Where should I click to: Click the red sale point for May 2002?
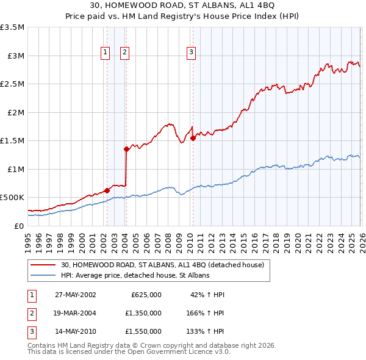(x=107, y=190)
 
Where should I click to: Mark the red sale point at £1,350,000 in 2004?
(x=126, y=149)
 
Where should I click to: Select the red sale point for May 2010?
(x=193, y=138)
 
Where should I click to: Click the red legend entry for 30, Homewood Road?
(x=162, y=265)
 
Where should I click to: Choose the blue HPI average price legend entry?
(x=135, y=276)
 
